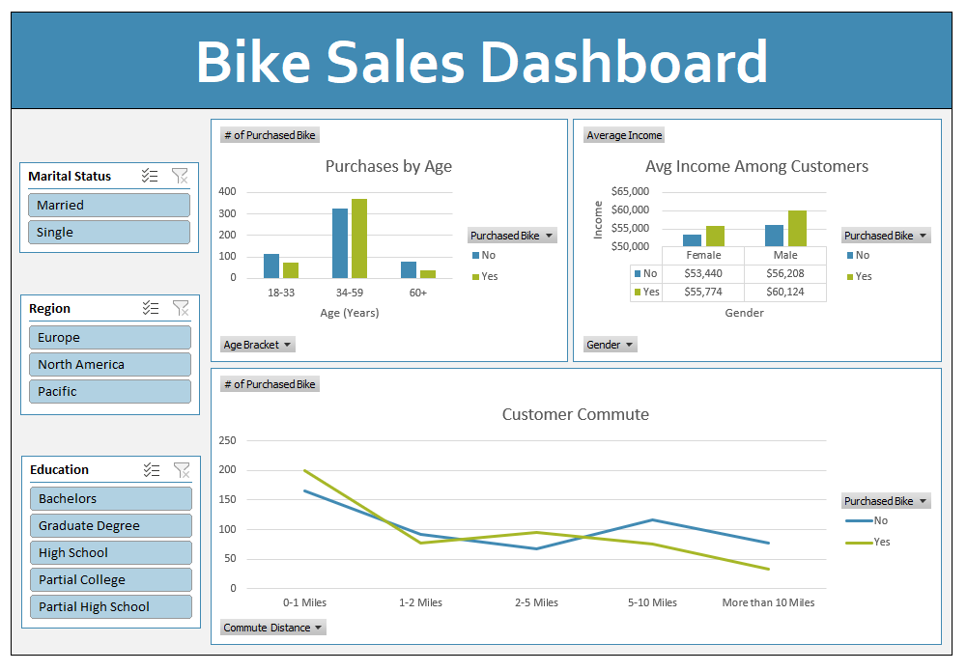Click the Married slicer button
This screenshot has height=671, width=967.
[108, 206]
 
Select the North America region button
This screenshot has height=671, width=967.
[109, 365]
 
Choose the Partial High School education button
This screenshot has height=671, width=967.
[110, 607]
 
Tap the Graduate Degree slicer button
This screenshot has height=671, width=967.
[110, 526]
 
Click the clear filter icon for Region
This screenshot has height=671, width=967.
[181, 308]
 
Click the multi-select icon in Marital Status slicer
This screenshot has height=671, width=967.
[150, 176]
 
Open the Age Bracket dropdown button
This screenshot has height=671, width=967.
[258, 345]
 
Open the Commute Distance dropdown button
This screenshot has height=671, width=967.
[273, 628]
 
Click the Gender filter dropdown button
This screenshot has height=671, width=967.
[611, 345]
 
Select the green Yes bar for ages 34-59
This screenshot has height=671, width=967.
[359, 238]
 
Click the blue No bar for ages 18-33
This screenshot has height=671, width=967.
[271, 266]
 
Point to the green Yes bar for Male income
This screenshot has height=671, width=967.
[797, 229]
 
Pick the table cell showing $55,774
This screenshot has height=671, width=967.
[702, 292]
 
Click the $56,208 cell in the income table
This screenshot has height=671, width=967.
[784, 273]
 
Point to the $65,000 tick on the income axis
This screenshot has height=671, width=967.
[631, 191]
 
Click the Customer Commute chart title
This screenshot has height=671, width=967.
[575, 415]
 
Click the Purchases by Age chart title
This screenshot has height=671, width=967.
[388, 166]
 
